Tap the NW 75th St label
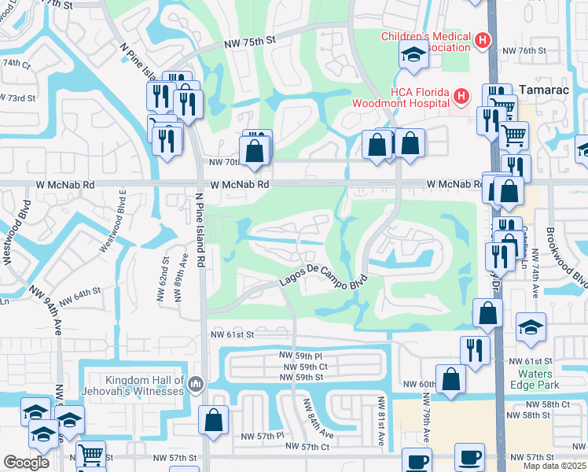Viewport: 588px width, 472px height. click(249, 45)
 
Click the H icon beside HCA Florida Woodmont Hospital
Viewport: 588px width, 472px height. click(461, 97)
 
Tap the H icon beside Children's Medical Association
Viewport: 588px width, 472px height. click(483, 39)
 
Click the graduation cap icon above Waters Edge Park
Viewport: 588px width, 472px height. click(531, 327)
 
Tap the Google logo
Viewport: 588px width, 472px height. click(26, 463)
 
